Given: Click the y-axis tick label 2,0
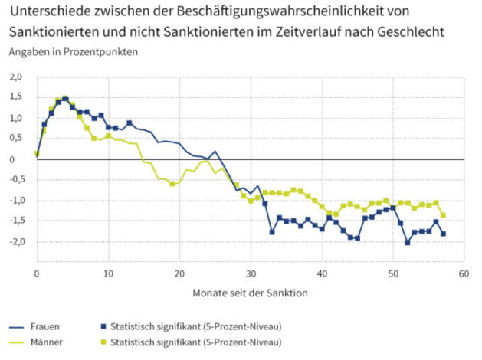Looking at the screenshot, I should pyautogui.click(x=16, y=77).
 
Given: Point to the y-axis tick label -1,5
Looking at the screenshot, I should pyautogui.click(x=15, y=221).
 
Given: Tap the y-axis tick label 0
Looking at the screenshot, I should pyautogui.click(x=21, y=159).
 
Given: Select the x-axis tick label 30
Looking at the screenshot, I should pyautogui.click(x=251, y=273).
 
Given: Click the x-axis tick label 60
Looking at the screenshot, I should pyautogui.click(x=463, y=273).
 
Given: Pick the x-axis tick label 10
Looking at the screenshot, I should pyautogui.click(x=108, y=273).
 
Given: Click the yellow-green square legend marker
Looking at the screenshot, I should pyautogui.click(x=104, y=342).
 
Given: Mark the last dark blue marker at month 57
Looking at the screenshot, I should pyautogui.click(x=443, y=234).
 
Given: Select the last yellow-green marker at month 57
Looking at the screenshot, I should pyautogui.click(x=443, y=215).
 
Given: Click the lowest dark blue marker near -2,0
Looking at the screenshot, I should pyautogui.click(x=408, y=242).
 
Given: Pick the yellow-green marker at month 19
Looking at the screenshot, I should pyautogui.click(x=172, y=184).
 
